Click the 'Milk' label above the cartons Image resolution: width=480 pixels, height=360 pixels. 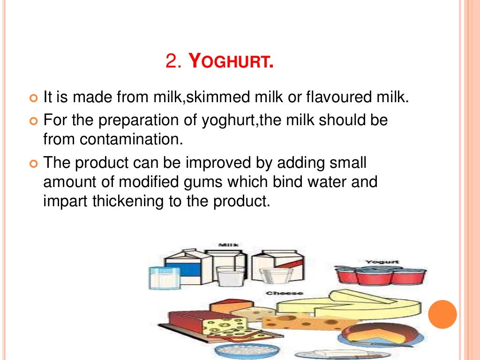point(228,245)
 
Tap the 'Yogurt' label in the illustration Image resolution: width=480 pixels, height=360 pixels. point(375,262)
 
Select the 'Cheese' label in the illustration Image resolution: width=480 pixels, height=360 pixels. point(277,293)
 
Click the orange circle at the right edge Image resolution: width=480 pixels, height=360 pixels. point(442,314)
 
